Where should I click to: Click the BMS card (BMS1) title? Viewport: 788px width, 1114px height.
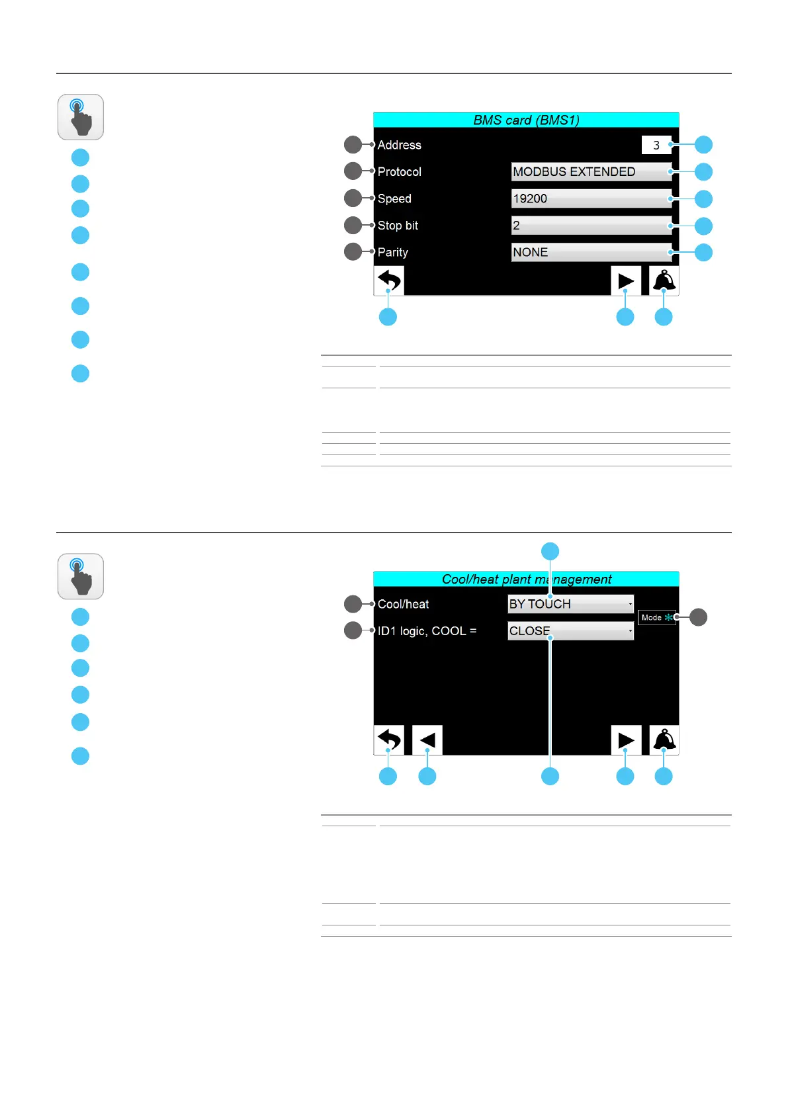[x=526, y=120]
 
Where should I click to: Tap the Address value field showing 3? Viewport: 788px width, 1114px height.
[x=656, y=145]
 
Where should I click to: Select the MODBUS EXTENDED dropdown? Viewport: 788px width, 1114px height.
[x=591, y=171]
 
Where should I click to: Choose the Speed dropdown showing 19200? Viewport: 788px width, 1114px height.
[x=591, y=198]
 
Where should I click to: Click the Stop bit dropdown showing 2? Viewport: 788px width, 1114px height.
[x=591, y=226]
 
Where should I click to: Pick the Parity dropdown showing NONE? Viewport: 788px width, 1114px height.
[x=591, y=252]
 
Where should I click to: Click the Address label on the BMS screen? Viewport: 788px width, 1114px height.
[x=399, y=145]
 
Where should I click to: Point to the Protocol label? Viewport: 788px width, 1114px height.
[x=399, y=171]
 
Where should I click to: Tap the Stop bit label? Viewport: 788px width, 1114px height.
[x=398, y=226]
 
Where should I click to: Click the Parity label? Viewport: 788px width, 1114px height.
[x=392, y=252]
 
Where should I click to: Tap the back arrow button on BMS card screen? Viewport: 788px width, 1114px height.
[x=389, y=280]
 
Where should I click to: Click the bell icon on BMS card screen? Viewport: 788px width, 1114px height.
[x=664, y=280]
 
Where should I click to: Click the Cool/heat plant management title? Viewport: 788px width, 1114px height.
[x=526, y=579]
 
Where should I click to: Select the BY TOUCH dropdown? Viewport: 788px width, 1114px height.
[x=570, y=604]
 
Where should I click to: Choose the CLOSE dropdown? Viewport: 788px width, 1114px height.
[x=570, y=631]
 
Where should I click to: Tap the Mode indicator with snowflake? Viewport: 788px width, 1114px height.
[x=657, y=617]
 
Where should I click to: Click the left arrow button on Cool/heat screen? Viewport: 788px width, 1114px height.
[x=427, y=740]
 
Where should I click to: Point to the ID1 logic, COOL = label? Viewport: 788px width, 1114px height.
[x=427, y=631]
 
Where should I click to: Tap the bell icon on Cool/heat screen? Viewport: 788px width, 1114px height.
[x=664, y=740]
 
